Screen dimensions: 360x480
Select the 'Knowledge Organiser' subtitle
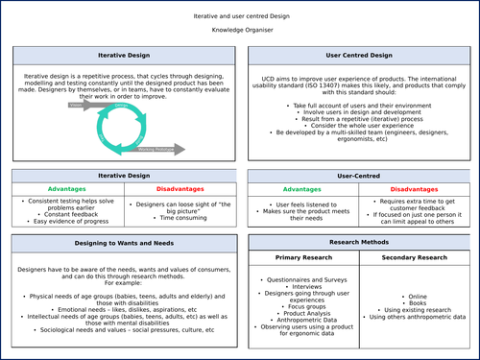coord(241,31)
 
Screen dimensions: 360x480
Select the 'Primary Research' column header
coord(301,258)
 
